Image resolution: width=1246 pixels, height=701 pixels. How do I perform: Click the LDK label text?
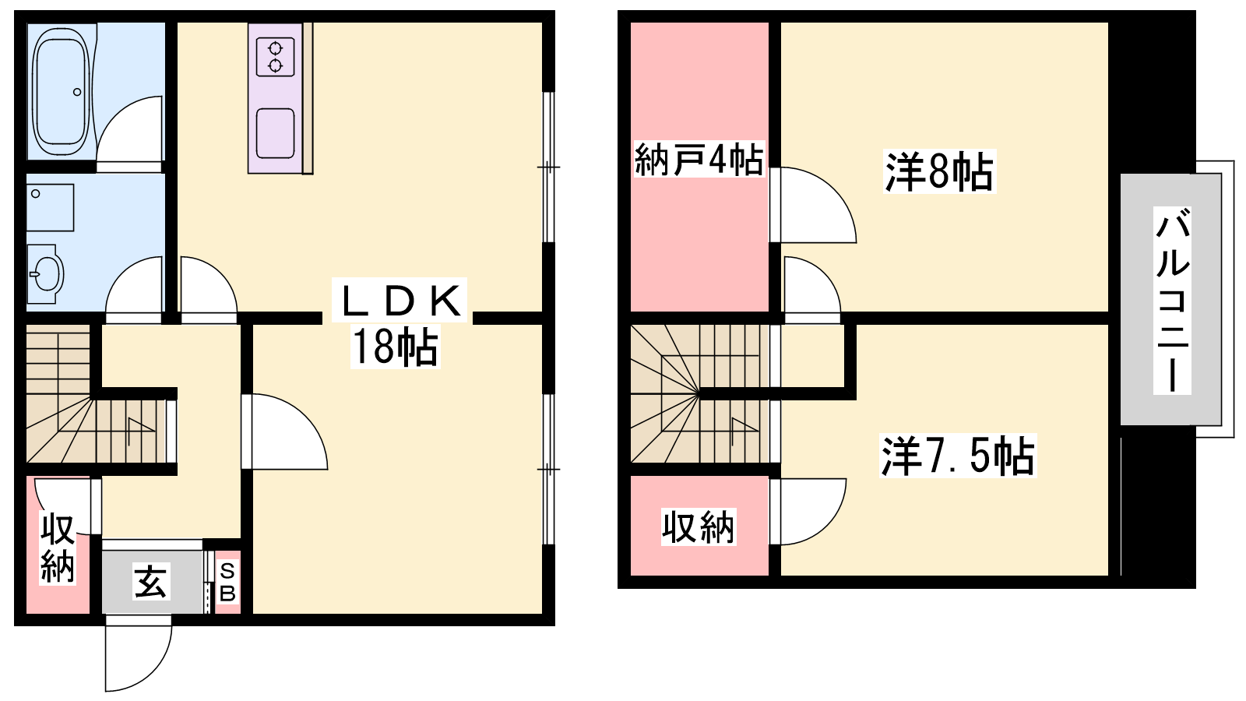[x=399, y=301]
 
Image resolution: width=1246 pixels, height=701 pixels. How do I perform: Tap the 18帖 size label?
[x=396, y=347]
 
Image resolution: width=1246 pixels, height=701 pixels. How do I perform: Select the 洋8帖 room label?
[x=939, y=172]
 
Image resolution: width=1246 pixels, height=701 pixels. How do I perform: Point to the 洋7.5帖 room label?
[x=958, y=456]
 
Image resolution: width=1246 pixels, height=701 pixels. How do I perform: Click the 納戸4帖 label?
[x=699, y=160]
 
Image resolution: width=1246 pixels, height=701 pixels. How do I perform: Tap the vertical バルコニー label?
[x=1172, y=301]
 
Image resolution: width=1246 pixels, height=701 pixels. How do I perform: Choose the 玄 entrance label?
[x=151, y=581]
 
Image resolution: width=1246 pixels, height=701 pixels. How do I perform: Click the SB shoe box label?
[x=227, y=583]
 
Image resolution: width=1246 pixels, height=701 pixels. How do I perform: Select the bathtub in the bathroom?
[x=62, y=93]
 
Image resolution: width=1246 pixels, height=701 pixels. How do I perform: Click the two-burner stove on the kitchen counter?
[x=276, y=57]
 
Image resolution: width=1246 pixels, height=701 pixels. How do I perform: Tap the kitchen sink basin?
[x=276, y=133]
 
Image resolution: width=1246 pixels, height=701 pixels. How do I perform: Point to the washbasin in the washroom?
[x=45, y=273]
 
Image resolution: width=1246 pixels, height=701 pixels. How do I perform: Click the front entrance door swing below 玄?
[x=138, y=653]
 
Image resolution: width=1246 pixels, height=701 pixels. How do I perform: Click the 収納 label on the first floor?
[x=58, y=548]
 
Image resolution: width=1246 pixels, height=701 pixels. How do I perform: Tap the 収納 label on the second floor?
[x=698, y=527]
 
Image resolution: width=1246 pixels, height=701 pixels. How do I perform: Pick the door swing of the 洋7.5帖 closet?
[x=808, y=511]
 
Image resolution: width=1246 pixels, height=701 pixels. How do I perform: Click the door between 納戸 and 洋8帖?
[x=813, y=205]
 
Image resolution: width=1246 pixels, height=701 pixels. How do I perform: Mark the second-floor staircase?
[x=700, y=394]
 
